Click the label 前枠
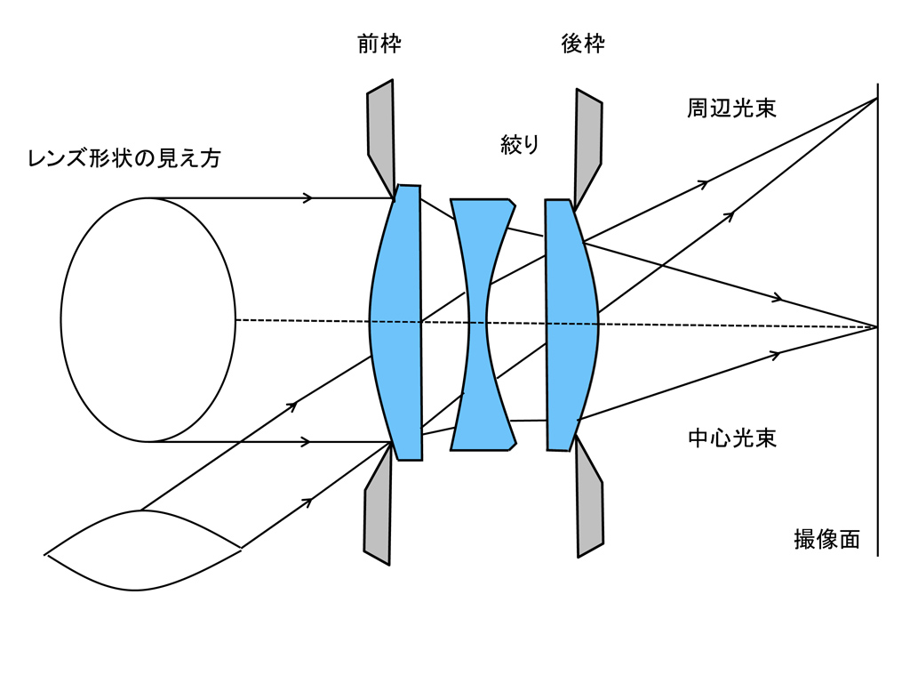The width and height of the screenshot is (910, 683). [379, 44]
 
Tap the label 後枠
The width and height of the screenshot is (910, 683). [583, 44]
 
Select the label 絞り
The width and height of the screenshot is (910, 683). [520, 144]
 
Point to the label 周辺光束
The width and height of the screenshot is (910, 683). [731, 108]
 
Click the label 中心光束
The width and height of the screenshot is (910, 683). [732, 438]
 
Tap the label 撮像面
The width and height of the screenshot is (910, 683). [826, 540]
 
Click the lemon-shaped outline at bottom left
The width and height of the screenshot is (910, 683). [142, 550]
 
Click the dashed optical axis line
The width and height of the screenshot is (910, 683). [302, 320]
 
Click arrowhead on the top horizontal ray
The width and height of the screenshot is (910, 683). [307, 197]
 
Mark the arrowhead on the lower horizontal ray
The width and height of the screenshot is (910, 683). [307, 442]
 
